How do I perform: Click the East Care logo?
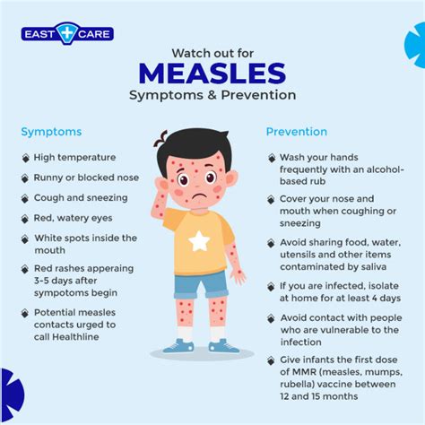(x=67, y=36)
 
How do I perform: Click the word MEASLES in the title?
(x=212, y=73)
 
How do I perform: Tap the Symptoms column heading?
(x=51, y=132)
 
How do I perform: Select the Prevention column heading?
(x=296, y=132)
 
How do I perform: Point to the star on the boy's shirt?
(x=198, y=239)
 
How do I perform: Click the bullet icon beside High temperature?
(x=25, y=158)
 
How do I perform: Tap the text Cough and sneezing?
(x=81, y=197)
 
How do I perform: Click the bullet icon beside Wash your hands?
(x=272, y=158)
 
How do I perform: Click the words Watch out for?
(x=212, y=51)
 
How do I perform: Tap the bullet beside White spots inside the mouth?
(x=25, y=239)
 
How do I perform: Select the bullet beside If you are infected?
(x=272, y=287)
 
